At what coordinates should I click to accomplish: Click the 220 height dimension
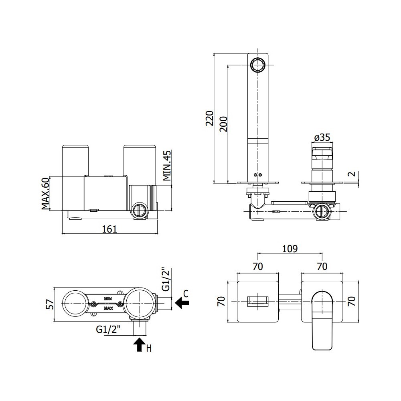[x=210, y=118]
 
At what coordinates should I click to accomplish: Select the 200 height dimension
[x=223, y=124]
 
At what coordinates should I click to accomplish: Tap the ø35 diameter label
[x=322, y=138]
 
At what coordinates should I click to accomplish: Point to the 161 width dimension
[x=110, y=229]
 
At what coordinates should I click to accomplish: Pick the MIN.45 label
[x=167, y=166]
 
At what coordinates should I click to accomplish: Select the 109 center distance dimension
[x=290, y=249]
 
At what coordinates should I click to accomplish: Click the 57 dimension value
[x=51, y=304]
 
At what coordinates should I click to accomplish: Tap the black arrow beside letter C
[x=182, y=303]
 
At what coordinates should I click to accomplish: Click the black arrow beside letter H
[x=140, y=344]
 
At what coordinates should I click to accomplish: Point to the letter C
[x=186, y=294]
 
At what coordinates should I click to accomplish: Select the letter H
[x=149, y=348]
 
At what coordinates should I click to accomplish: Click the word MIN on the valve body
[x=107, y=298]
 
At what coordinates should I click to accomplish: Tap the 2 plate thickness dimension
[x=352, y=174]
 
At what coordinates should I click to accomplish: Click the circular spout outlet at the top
[x=258, y=65]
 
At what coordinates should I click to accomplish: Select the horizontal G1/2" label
[x=108, y=330]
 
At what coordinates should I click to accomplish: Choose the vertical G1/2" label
[x=166, y=279]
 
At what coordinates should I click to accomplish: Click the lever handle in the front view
[x=322, y=320]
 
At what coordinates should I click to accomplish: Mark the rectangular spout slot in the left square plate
[x=258, y=302]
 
